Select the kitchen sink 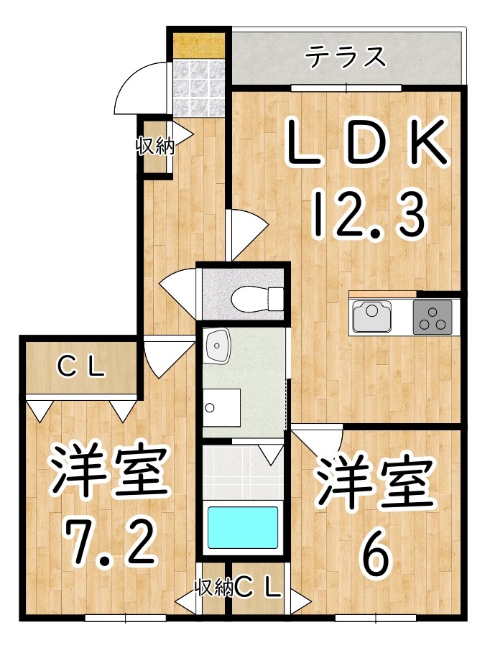point(372,316)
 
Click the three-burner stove point(433,317)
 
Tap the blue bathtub point(243,528)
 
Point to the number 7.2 point(111,541)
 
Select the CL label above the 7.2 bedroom point(81,367)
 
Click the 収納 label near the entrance point(155,146)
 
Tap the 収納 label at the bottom point(214,588)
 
